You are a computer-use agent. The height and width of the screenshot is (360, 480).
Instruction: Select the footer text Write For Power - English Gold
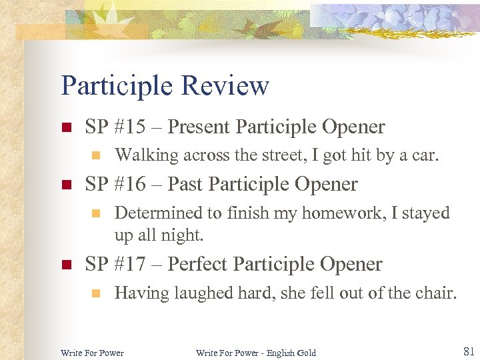(256, 353)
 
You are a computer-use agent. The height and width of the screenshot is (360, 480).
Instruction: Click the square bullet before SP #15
(65, 127)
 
